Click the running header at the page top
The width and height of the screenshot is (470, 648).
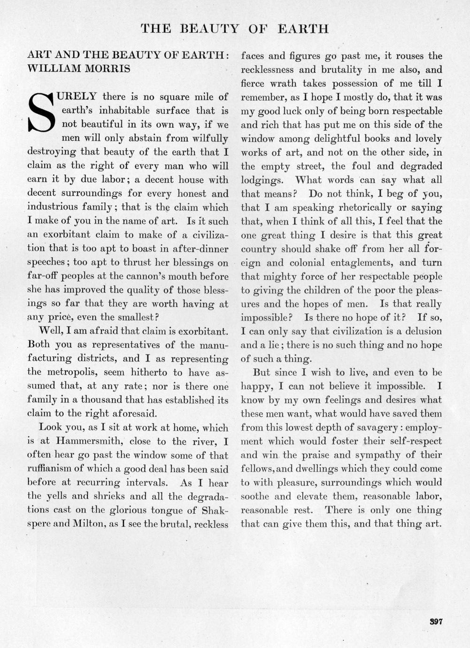point(235,29)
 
